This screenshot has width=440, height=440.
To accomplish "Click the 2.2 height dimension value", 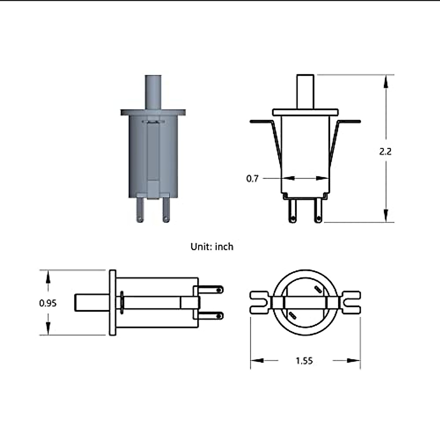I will point(385,151).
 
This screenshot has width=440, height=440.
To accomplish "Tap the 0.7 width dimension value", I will point(252,179).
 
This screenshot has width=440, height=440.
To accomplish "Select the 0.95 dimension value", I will point(48,303).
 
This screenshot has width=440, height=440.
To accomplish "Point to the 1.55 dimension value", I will point(304,361).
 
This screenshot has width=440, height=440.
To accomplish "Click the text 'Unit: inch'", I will point(212,247).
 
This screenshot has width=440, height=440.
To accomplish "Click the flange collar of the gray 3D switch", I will point(153,112).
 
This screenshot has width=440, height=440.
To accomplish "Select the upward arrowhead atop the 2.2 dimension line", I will point(385,83).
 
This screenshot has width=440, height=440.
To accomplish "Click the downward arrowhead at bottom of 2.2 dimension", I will point(385,215).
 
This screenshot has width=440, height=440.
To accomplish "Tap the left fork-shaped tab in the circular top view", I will point(260,302).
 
